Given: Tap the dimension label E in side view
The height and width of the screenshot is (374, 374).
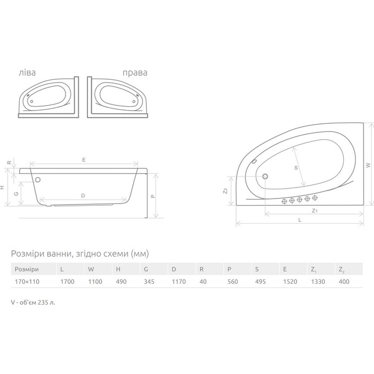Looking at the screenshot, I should pyautogui.click(x=84, y=159).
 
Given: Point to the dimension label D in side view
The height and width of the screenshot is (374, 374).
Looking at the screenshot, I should pyautogui.click(x=82, y=195).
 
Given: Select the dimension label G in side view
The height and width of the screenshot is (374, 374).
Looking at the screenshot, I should pyautogui.click(x=16, y=194).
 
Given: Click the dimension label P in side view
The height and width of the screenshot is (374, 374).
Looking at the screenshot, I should pyautogui.click(x=153, y=195).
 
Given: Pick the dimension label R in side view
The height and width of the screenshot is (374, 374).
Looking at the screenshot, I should pyautogui.click(x=9, y=163).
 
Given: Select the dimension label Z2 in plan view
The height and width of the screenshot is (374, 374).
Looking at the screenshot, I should pyautogui.click(x=226, y=191).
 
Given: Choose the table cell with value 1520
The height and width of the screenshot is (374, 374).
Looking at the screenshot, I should pyautogui.click(x=289, y=281).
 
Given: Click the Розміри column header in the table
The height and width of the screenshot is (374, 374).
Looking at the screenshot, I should pyautogui.click(x=26, y=269).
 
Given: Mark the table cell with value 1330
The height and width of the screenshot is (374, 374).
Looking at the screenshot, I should pyautogui.click(x=317, y=281).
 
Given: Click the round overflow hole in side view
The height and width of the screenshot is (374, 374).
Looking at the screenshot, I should pyautogui.click(x=38, y=179).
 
